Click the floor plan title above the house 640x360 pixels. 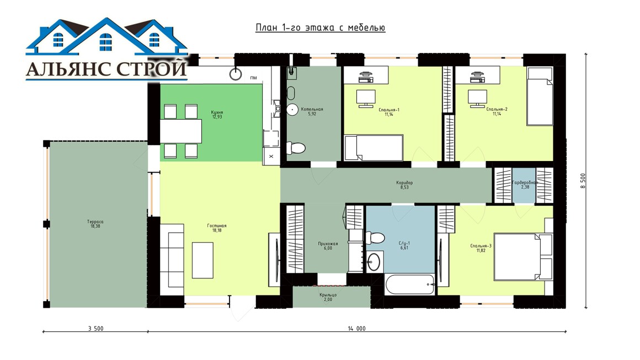(321, 28)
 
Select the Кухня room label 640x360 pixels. (217, 112)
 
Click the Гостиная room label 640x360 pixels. (217, 225)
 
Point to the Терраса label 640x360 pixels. (95, 222)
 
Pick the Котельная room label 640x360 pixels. (312, 109)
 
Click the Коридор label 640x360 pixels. (404, 182)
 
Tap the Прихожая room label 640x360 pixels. (328, 244)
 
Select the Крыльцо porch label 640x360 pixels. (328, 295)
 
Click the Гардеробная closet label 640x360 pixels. (525, 182)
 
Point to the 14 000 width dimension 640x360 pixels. (357, 328)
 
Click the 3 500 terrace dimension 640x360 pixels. (95, 328)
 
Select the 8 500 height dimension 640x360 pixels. (583, 181)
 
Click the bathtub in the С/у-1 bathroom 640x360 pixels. (409, 284)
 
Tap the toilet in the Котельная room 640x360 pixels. (296, 148)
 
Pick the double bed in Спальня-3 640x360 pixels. (524, 256)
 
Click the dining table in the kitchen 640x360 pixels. (181, 131)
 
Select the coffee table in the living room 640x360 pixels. (202, 260)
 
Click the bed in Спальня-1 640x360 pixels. (374, 148)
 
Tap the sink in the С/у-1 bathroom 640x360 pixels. (374, 262)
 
